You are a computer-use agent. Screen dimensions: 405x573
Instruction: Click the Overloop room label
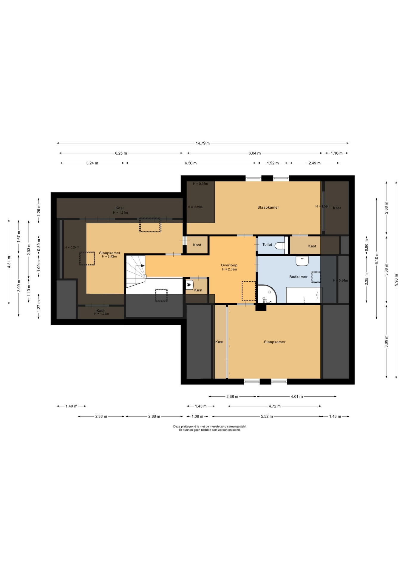(229, 265)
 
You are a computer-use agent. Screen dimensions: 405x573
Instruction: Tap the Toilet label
(267, 244)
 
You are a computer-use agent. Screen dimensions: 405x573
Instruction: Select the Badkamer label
(298, 277)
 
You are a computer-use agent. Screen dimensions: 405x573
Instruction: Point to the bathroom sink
(302, 261)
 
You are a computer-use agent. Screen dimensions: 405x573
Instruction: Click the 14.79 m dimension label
(202, 143)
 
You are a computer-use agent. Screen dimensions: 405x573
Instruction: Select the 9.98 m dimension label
(396, 280)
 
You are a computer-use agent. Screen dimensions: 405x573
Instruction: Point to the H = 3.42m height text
(109, 256)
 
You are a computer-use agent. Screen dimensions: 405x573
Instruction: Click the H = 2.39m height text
(229, 269)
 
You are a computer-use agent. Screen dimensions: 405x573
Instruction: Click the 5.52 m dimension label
(267, 416)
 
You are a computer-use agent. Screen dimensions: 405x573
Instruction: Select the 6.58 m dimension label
(191, 163)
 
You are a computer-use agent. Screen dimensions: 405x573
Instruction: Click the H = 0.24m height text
(72, 247)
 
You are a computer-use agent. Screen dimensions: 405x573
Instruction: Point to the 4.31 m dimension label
(9, 262)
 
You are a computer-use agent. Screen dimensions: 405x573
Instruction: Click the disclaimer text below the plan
(210, 428)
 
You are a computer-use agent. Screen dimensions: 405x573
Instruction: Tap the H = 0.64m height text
(340, 280)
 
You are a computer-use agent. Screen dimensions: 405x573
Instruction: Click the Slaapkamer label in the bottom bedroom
(275, 342)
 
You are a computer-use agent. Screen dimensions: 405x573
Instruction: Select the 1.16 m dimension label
(336, 153)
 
